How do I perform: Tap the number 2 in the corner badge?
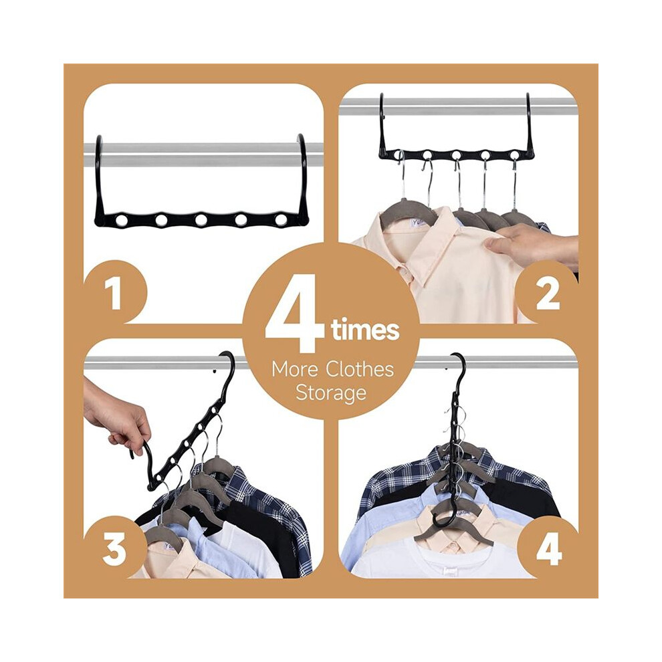[x=548, y=294]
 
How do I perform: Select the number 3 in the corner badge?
[x=114, y=550]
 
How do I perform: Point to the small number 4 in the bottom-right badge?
[x=549, y=550]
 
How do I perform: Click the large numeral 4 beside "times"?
[x=295, y=313]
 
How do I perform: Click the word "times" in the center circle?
[x=365, y=330]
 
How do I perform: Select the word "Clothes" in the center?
[x=360, y=369]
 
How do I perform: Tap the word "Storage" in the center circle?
[x=331, y=393]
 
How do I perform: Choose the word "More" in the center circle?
[x=295, y=370]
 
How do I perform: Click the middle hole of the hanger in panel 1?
[x=201, y=220]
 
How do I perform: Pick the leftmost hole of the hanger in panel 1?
[x=122, y=220]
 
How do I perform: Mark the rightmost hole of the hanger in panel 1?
[x=281, y=220]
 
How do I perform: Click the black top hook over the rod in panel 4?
[x=459, y=367]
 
